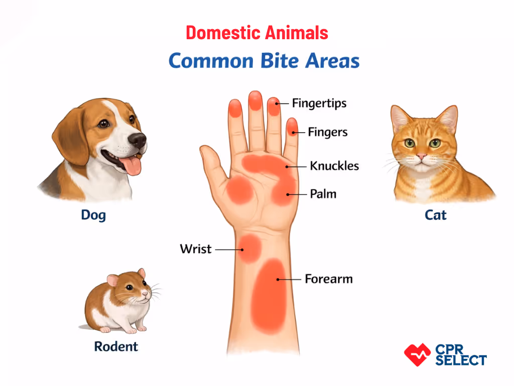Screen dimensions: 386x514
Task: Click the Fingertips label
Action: click(319, 104)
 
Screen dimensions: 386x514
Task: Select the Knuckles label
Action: click(334, 165)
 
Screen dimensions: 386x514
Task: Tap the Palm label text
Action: click(323, 194)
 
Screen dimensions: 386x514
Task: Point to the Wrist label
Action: click(196, 249)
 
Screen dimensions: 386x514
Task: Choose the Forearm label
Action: click(329, 278)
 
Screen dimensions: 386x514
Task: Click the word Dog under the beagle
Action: click(93, 216)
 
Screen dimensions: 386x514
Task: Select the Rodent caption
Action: click(116, 346)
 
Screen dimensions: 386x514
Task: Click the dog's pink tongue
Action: click(132, 166)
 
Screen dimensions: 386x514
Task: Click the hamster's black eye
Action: click(130, 288)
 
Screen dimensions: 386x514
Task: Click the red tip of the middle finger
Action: click(255, 101)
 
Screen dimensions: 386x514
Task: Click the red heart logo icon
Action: click(417, 354)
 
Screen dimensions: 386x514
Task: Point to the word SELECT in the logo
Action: click(461, 360)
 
